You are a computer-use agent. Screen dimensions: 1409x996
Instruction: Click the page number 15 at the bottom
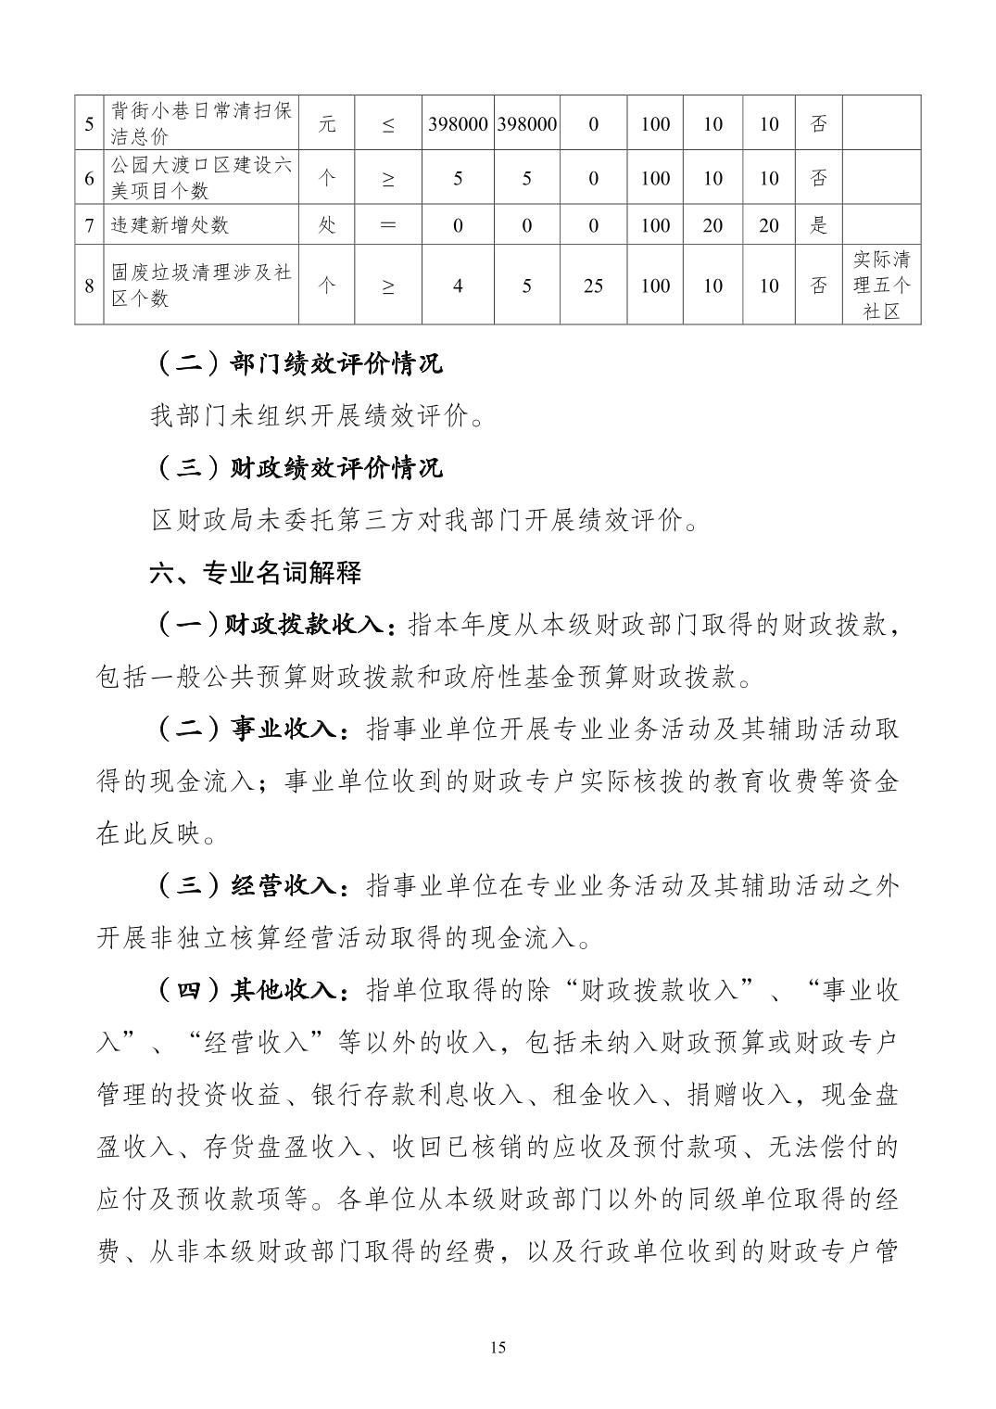click(x=498, y=1347)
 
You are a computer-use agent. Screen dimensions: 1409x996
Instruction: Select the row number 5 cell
click(x=89, y=123)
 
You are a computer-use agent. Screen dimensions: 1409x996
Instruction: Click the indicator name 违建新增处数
click(x=170, y=225)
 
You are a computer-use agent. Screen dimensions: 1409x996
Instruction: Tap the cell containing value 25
click(x=593, y=286)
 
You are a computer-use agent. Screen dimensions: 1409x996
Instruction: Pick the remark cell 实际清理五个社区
click(x=881, y=285)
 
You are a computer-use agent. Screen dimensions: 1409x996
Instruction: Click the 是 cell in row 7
click(x=819, y=225)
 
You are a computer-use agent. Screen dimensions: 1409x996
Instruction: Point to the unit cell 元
click(x=327, y=123)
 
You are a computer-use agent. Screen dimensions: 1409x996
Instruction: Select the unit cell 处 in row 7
click(x=327, y=225)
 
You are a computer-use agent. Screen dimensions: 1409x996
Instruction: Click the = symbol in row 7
click(x=388, y=225)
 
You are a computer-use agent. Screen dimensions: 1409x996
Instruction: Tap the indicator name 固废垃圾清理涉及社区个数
click(x=201, y=285)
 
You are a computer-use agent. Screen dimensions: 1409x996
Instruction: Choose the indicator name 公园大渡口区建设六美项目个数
click(x=201, y=178)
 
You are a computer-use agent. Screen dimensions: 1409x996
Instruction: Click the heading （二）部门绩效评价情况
click(x=296, y=363)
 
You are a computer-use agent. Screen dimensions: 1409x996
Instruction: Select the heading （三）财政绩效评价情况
click(x=296, y=467)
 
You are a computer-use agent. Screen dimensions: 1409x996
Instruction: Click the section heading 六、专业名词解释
click(x=256, y=572)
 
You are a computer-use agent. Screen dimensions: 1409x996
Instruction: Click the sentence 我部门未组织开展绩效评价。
click(x=318, y=416)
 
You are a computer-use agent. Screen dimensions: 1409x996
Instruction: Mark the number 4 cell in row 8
click(x=458, y=286)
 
